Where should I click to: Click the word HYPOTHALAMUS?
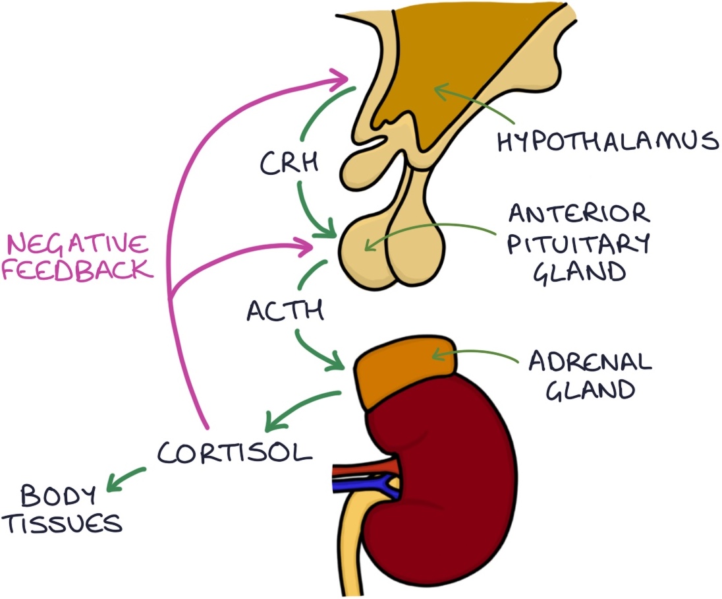(x=607, y=141)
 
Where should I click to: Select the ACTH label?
(x=285, y=309)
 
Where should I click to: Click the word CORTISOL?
(x=234, y=453)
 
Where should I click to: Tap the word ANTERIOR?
(x=578, y=214)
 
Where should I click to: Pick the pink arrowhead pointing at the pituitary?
(x=304, y=247)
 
